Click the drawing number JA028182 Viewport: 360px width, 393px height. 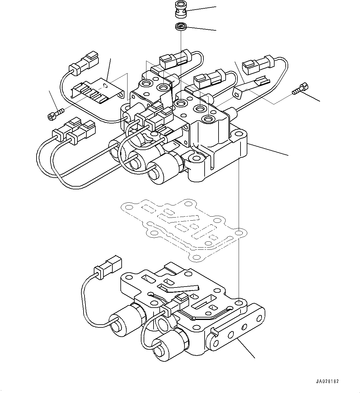point(327,381)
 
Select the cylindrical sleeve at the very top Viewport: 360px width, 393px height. point(180,14)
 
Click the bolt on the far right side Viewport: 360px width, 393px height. point(300,89)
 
